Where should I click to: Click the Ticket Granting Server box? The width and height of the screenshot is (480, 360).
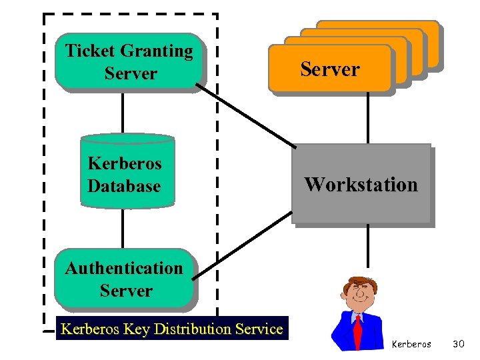click(x=129, y=62)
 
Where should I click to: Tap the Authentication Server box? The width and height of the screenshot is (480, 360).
click(x=125, y=279)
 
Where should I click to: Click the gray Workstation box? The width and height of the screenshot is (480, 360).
click(x=361, y=184)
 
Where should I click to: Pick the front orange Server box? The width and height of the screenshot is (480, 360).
click(x=329, y=69)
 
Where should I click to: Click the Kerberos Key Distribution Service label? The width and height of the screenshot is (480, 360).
click(x=172, y=329)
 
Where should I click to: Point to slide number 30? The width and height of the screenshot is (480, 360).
click(x=458, y=344)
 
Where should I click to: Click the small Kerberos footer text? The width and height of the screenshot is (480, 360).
click(x=411, y=345)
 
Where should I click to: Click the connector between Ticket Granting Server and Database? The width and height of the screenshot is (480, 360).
click(x=123, y=113)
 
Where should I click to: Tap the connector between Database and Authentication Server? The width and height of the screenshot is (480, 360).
click(x=123, y=227)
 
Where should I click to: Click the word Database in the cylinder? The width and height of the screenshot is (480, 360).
click(x=124, y=186)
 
